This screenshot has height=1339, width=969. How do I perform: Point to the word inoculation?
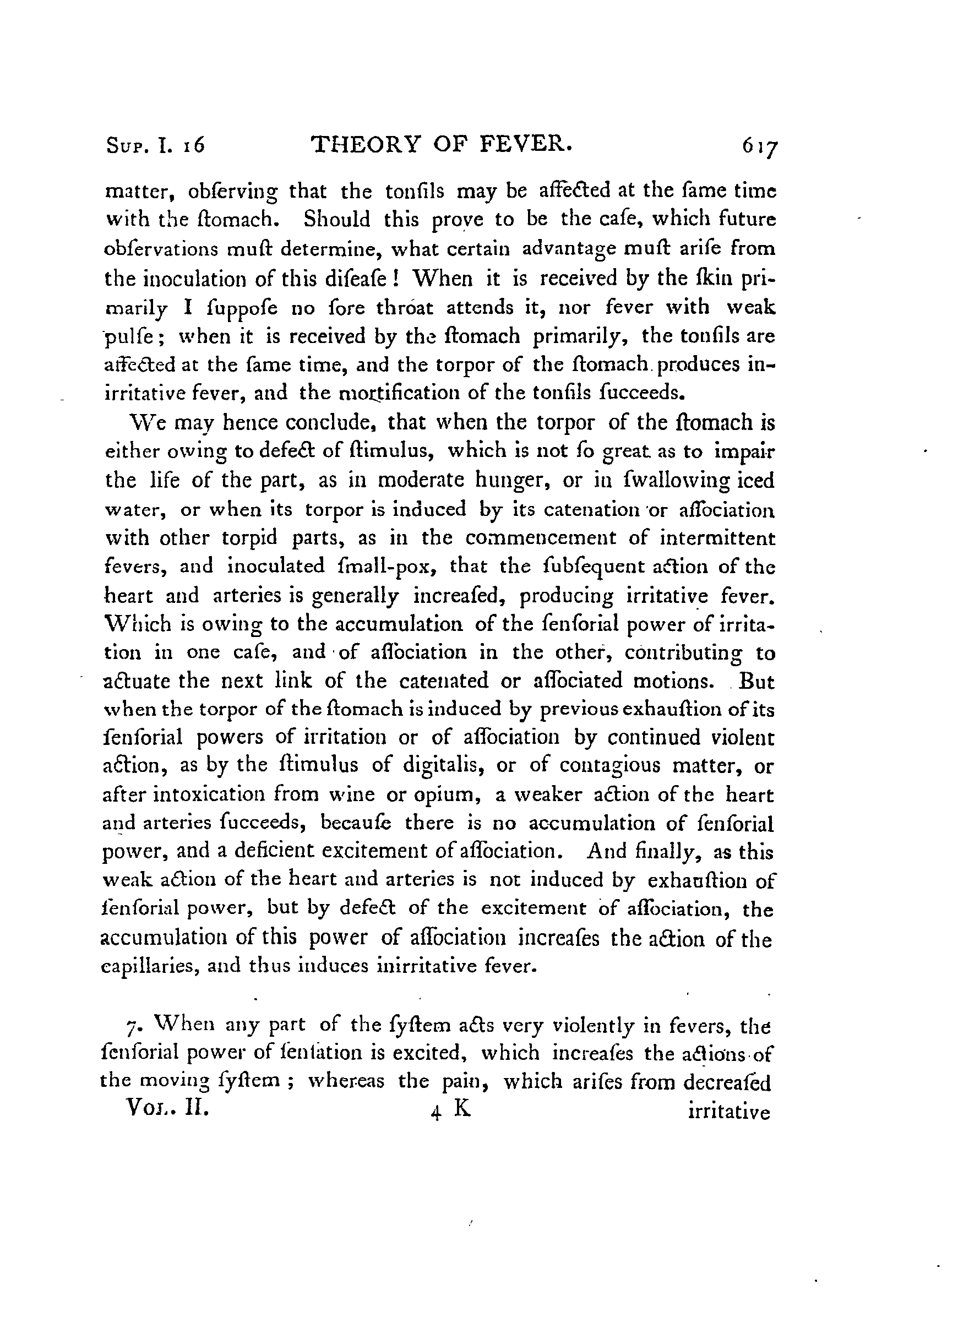[x=184, y=277]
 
